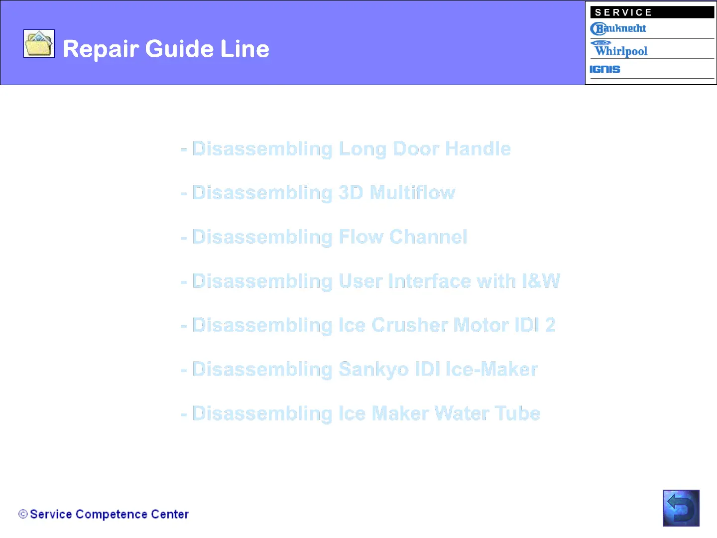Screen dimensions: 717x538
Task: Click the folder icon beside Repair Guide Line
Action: [39, 43]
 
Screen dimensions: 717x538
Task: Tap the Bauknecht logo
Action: [618, 29]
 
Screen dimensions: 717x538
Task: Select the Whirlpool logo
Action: [619, 49]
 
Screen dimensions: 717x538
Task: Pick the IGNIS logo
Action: [604, 69]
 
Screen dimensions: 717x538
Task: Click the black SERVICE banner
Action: [652, 12]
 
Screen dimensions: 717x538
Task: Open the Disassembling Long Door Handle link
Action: [346, 149]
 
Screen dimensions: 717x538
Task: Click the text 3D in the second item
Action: [351, 192]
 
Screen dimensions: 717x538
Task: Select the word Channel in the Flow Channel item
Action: [428, 237]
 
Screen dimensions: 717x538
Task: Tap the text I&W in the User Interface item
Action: [541, 281]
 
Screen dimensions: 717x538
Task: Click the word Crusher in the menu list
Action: [410, 325]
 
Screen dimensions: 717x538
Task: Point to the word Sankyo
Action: [373, 370]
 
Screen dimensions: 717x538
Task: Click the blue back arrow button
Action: [681, 508]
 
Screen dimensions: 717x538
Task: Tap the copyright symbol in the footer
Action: [23, 514]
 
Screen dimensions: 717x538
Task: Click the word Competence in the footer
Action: [112, 515]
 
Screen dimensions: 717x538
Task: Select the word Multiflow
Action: [412, 192]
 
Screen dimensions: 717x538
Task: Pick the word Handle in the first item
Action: [478, 148]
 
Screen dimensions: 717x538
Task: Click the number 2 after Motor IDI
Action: [550, 325]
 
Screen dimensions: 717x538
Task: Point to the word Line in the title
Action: [244, 49]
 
